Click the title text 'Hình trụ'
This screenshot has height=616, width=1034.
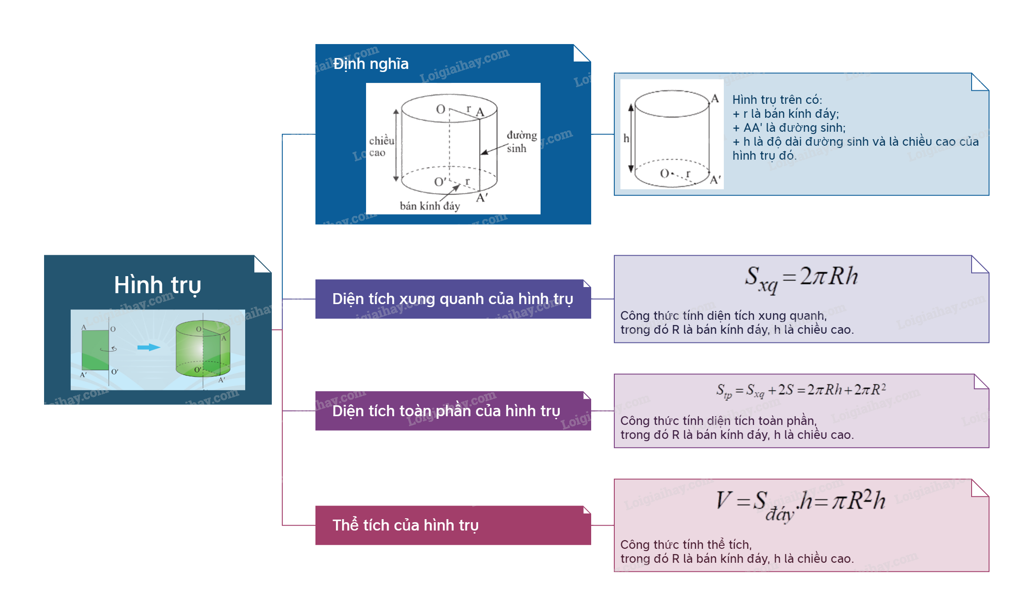[x=157, y=285]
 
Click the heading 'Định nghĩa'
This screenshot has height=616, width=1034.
[x=371, y=64]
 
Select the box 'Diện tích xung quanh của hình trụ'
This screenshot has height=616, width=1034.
[x=452, y=299]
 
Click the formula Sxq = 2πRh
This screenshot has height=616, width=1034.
[x=801, y=278]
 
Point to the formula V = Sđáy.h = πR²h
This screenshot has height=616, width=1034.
[x=801, y=503]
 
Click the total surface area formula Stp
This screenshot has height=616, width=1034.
[x=801, y=390]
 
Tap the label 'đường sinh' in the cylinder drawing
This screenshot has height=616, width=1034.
[x=521, y=142]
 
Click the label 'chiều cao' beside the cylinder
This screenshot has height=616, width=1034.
[x=381, y=147]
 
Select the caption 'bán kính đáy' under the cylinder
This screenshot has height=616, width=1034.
[x=430, y=206]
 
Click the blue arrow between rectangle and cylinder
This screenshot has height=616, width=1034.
[x=148, y=347]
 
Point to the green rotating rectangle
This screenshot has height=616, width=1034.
[x=96, y=350]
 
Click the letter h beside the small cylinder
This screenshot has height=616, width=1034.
[x=626, y=138]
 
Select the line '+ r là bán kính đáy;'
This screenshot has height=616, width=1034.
[x=785, y=114]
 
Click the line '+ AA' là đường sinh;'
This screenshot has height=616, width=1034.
[x=789, y=128]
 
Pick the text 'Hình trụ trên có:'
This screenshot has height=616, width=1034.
[x=777, y=100]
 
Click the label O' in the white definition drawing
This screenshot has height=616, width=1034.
[x=440, y=181]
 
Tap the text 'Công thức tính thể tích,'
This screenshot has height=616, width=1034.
[x=685, y=545]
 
